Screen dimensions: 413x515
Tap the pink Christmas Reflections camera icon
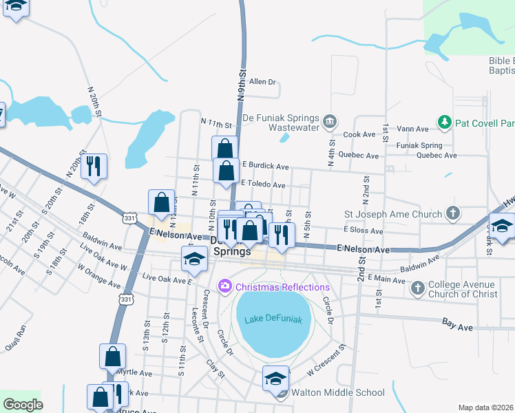[224, 286]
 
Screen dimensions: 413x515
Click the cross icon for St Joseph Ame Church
[452, 214]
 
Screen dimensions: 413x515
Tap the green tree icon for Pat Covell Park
[444, 123]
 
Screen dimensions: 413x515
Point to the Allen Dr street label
[262, 82]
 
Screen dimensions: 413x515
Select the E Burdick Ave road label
[265, 167]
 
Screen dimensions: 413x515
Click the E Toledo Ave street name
[263, 184]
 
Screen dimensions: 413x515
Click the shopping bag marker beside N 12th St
[161, 203]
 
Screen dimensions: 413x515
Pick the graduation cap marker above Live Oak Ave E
[194, 259]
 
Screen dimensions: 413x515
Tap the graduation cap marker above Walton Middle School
[275, 378]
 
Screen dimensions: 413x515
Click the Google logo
[23, 405]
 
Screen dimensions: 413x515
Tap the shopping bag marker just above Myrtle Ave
[113, 357]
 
